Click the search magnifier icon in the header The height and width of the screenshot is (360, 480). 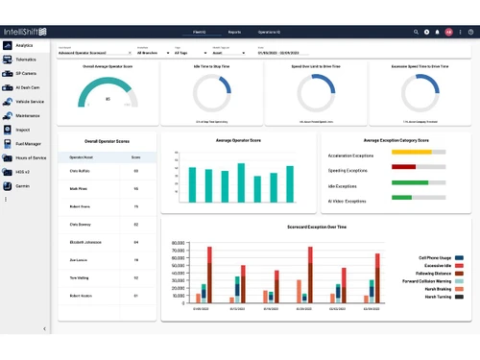point(415,32)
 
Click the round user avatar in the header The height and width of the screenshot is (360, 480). point(448,32)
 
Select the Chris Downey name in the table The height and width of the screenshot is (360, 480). point(81,224)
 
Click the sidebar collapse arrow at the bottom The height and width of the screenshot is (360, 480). point(45,328)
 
